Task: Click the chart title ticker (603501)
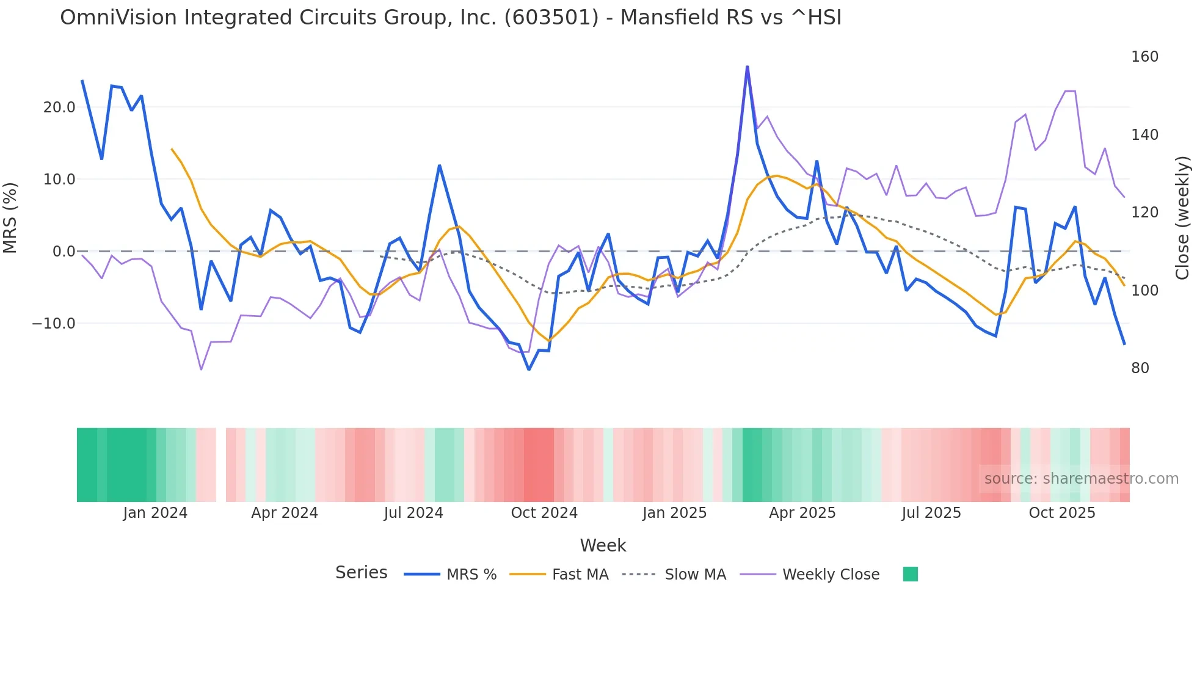coord(551,18)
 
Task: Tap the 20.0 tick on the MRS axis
coord(59,107)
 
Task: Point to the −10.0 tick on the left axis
coord(54,324)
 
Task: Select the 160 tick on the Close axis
coord(1144,57)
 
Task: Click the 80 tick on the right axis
coord(1140,368)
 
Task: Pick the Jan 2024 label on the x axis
coord(155,513)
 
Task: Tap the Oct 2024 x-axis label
coord(544,513)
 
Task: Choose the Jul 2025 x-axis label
coord(931,513)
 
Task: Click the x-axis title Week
coord(603,545)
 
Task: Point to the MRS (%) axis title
coord(10,217)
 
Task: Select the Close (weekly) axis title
coord(1182,218)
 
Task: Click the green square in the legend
coord(910,574)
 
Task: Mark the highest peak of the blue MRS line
coord(747,67)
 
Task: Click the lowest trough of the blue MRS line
coord(529,369)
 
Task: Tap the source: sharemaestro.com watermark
coord(1081,479)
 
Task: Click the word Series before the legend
coord(361,573)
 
